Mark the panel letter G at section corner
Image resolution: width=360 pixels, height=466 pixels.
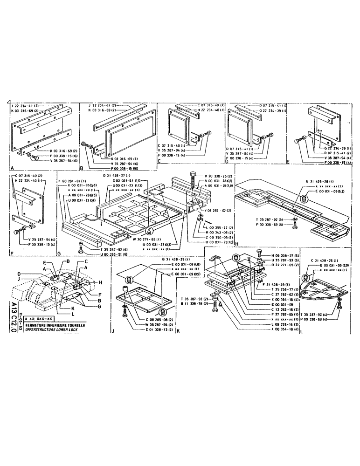tap(59, 254)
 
